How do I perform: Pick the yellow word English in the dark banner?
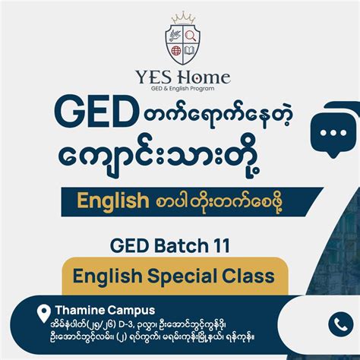tap(112, 201)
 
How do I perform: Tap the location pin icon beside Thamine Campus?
tap(43, 312)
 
